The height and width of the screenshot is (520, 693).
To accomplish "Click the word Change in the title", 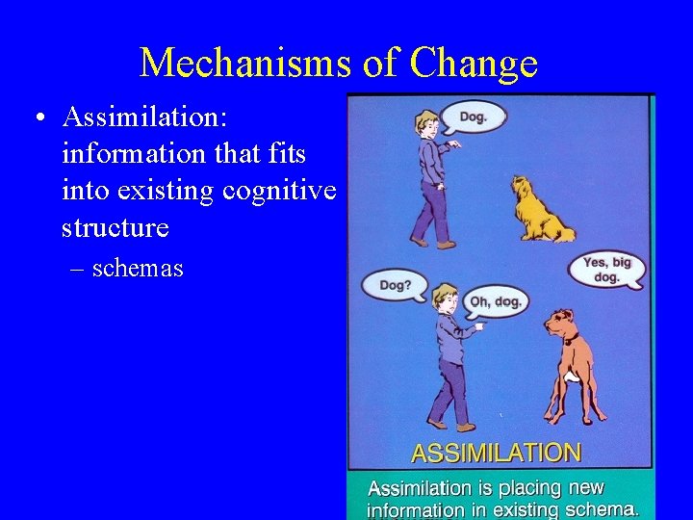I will [x=473, y=64].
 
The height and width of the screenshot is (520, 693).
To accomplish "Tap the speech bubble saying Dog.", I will [x=473, y=117].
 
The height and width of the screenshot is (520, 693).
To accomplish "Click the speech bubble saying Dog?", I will [x=394, y=284].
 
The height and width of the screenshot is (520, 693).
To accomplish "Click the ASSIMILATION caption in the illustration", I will [x=496, y=453].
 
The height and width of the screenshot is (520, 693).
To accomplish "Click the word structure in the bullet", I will [x=115, y=227].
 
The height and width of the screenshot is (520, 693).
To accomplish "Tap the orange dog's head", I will [x=564, y=324].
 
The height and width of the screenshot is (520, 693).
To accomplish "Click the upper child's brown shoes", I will [x=432, y=243].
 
